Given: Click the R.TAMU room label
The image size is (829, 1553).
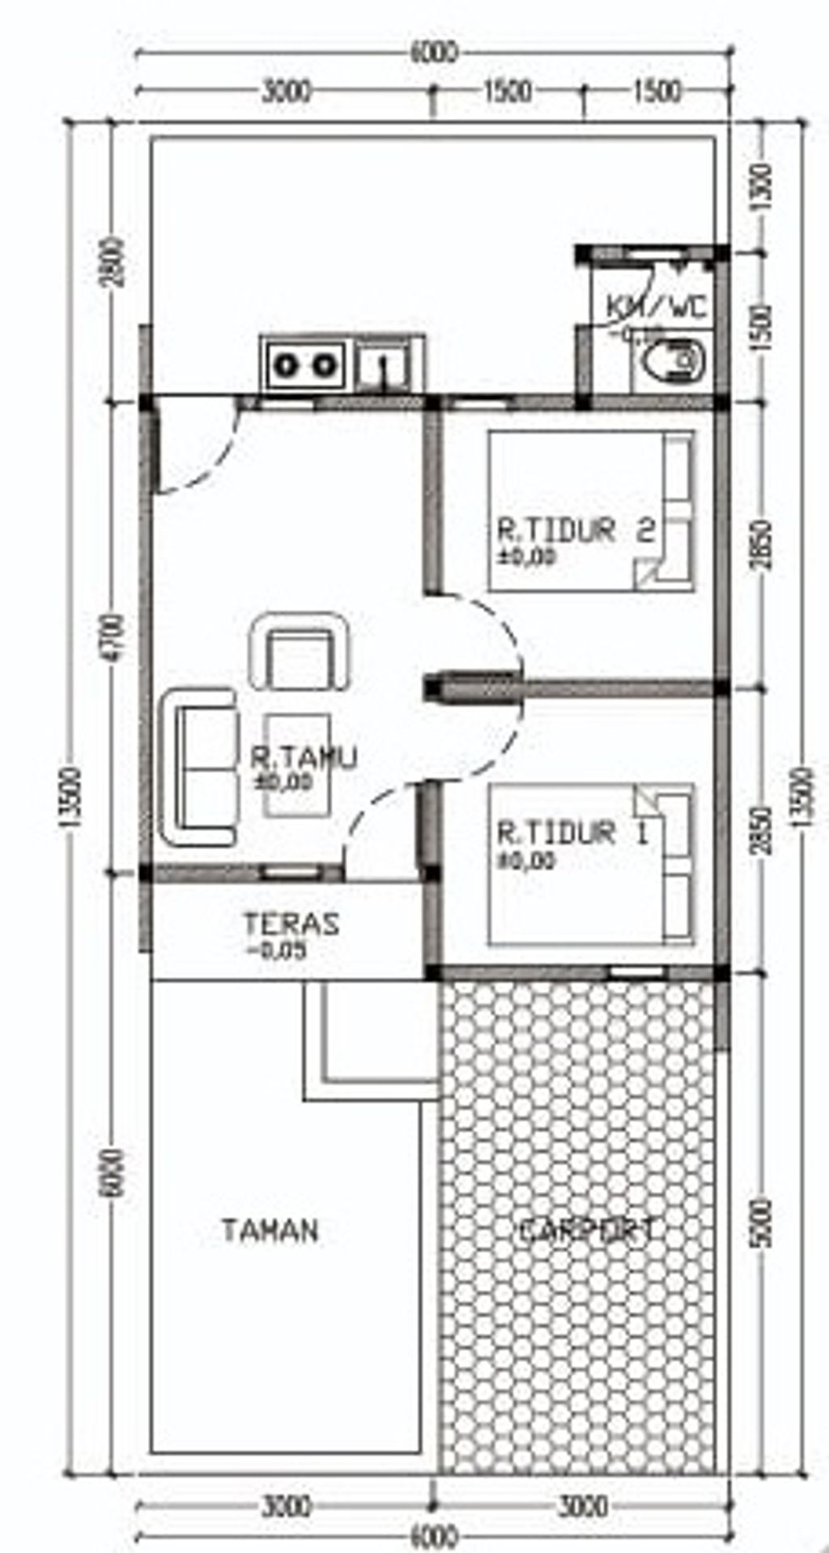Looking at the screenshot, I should pyautogui.click(x=303, y=759).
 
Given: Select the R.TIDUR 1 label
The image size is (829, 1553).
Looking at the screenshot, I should pyautogui.click(x=572, y=832).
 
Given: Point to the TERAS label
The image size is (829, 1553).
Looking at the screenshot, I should pyautogui.click(x=291, y=924).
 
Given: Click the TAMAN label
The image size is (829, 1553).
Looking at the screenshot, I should pyautogui.click(x=270, y=1231).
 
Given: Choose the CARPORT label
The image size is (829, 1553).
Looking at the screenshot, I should pyautogui.click(x=586, y=1231).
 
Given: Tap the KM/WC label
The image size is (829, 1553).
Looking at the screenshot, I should pyautogui.click(x=657, y=307).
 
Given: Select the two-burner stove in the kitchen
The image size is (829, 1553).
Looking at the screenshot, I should pyautogui.click(x=304, y=366).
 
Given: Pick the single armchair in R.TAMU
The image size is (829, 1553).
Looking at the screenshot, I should pyautogui.click(x=300, y=653).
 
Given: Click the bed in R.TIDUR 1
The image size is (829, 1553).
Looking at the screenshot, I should pyautogui.click(x=591, y=864).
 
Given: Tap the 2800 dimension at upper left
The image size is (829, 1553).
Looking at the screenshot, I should pyautogui.click(x=115, y=261).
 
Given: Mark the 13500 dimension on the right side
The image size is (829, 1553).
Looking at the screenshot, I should pyautogui.click(x=801, y=798).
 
